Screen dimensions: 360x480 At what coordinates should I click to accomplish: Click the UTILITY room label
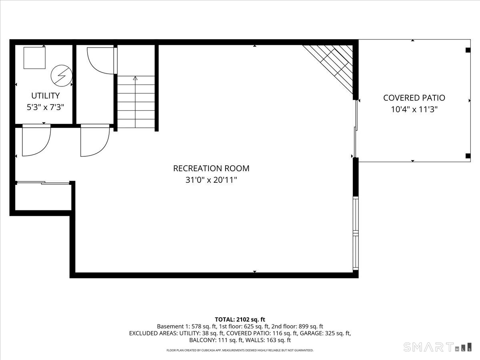(x=45, y=96)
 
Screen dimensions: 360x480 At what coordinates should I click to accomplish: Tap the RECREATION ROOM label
(x=211, y=168)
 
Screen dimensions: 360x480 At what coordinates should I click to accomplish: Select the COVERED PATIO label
(x=414, y=98)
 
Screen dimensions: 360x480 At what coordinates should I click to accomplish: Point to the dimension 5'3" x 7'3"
(x=45, y=107)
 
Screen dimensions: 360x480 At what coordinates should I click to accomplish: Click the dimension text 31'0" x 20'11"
(x=211, y=180)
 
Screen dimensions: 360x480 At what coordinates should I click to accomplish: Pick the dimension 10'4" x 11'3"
(x=414, y=109)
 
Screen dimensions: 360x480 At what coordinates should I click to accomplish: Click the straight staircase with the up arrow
(x=136, y=102)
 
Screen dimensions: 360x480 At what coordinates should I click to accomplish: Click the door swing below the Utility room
(x=36, y=141)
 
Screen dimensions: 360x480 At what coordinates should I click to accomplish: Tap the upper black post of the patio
(x=468, y=50)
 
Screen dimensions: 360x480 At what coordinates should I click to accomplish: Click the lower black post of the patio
(x=468, y=156)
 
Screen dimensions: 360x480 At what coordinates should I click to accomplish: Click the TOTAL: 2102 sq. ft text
(x=240, y=319)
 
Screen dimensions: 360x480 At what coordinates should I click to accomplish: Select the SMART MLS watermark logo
(x=437, y=347)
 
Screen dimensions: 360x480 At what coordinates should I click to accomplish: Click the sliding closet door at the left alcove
(x=43, y=183)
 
